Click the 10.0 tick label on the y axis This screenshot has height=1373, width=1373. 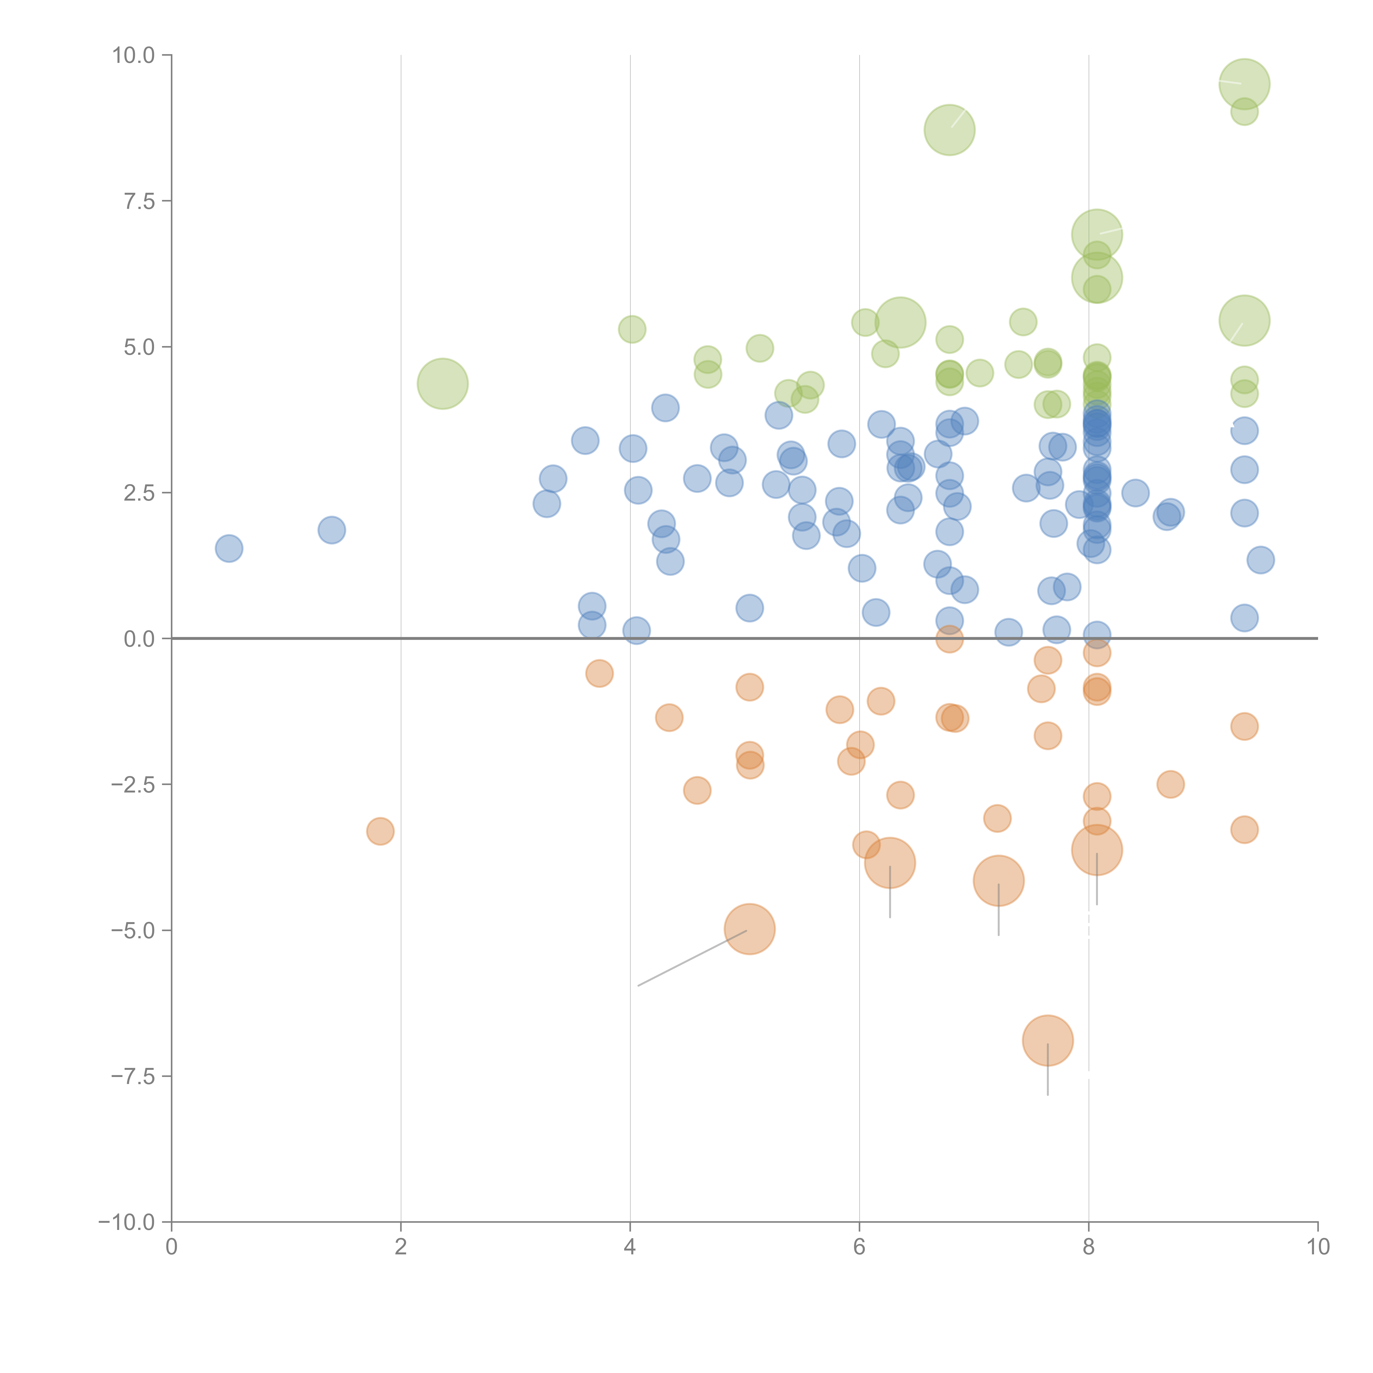tap(134, 55)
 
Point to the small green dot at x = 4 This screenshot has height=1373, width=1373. tap(632, 329)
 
